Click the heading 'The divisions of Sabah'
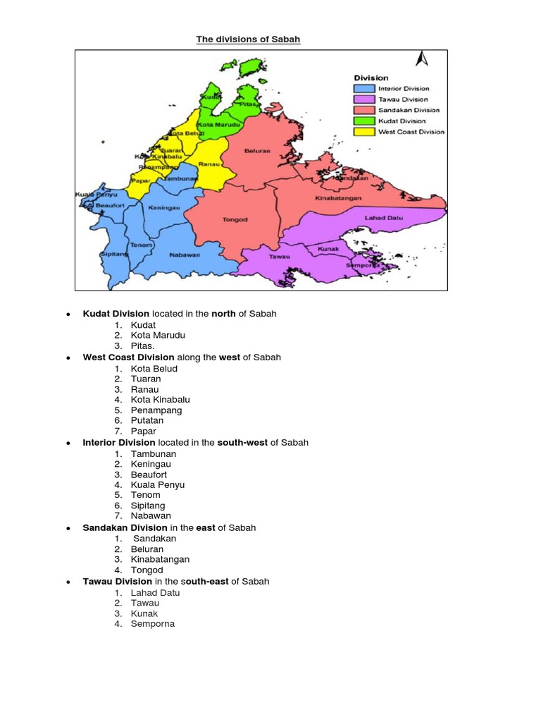(248, 39)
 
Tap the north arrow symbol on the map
(422, 59)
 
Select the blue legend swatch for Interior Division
(363, 89)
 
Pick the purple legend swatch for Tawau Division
(363, 99)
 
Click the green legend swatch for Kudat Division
(363, 121)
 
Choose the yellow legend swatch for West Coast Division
(363, 131)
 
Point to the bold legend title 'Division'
(371, 78)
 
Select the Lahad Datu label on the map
(384, 218)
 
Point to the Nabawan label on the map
(185, 255)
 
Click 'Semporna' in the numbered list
(152, 624)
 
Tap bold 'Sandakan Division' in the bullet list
(125, 527)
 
